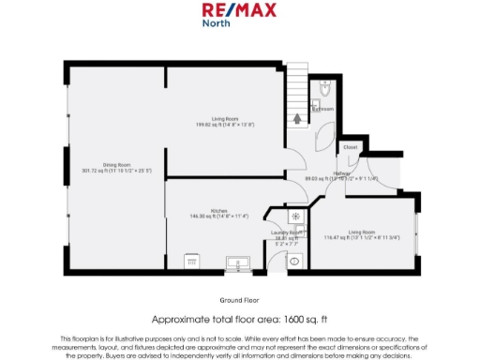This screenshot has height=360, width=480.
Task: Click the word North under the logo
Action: pyautogui.click(x=217, y=24)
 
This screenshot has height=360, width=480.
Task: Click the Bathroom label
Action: pyautogui.click(x=323, y=109)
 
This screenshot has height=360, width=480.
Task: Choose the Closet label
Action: pyautogui.click(x=350, y=147)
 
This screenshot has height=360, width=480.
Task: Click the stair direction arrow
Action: pyautogui.click(x=298, y=118)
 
